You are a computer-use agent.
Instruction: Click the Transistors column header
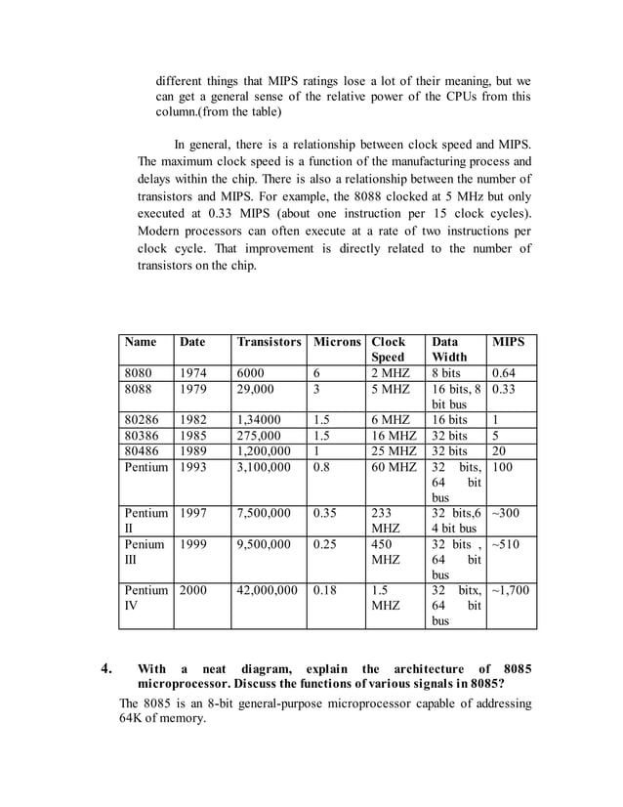click(269, 342)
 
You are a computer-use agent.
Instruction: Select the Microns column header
click(336, 342)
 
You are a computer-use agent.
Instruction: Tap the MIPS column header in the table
click(509, 342)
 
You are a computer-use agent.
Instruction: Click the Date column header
click(192, 342)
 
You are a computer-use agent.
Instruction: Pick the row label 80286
click(142, 420)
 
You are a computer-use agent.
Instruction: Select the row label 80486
click(142, 451)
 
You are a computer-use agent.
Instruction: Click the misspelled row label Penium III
click(144, 551)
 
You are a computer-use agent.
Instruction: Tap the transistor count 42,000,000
click(268, 590)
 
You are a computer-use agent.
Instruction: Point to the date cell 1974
click(191, 372)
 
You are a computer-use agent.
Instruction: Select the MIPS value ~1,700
click(510, 590)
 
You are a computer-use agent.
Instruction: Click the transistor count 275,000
click(260, 436)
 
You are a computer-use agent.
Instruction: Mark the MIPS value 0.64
click(505, 372)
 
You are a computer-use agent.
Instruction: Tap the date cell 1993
click(191, 467)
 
